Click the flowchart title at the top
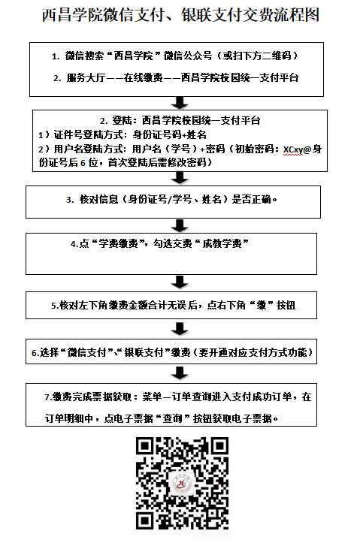tap(180, 15)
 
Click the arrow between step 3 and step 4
tap(180, 226)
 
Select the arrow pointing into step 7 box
tap(180, 374)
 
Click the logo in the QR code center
tap(182, 484)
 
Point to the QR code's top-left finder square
tap(145, 446)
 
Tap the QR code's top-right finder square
tap(219, 446)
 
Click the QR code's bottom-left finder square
tap(145, 520)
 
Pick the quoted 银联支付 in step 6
tap(144, 352)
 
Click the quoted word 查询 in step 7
tap(173, 418)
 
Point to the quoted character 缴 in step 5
tap(262, 306)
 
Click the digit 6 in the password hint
tap(83, 163)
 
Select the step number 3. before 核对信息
tap(70, 200)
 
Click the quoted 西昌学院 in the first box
tap(133, 56)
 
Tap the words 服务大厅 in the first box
tap(86, 78)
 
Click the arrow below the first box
tap(180, 103)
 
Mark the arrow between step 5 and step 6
tap(180, 329)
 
